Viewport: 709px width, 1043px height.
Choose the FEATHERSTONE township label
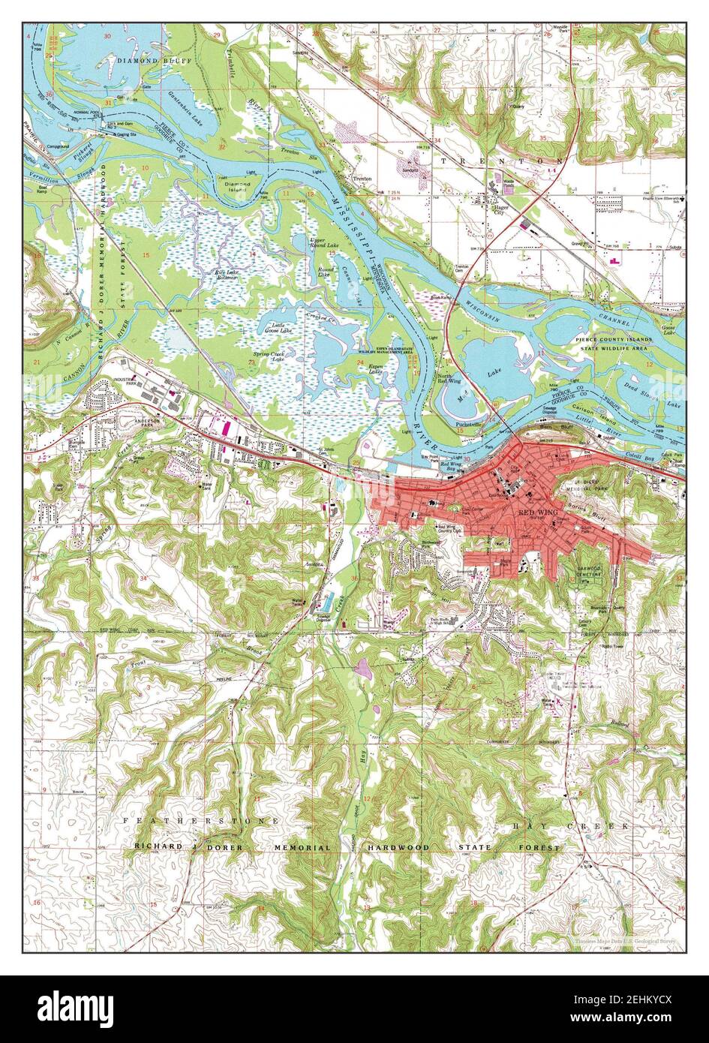coord(200,821)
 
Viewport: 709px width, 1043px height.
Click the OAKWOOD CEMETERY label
coord(590,571)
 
